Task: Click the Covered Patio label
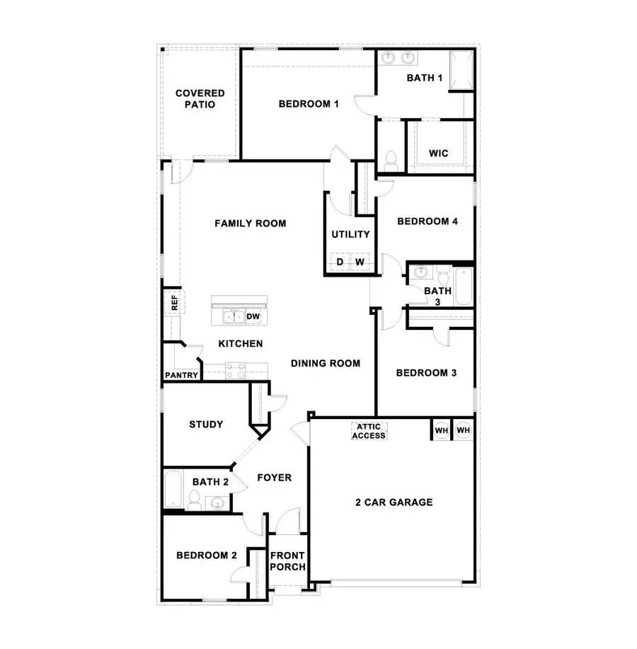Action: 200,98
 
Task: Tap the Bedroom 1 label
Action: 309,104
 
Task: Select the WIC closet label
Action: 438,154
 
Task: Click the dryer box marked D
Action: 340,263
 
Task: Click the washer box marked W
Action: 360,263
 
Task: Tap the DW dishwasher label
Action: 253,316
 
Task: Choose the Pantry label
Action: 182,375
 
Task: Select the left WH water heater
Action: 441,430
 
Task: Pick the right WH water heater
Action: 463,430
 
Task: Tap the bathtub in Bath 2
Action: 173,490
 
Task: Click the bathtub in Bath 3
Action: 464,285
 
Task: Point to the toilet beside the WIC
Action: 390,161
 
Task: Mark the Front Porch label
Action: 287,561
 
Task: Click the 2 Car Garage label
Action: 394,502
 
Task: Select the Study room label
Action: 206,425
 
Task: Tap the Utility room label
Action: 350,234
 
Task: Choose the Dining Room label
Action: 326,364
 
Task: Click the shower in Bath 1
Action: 462,71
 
